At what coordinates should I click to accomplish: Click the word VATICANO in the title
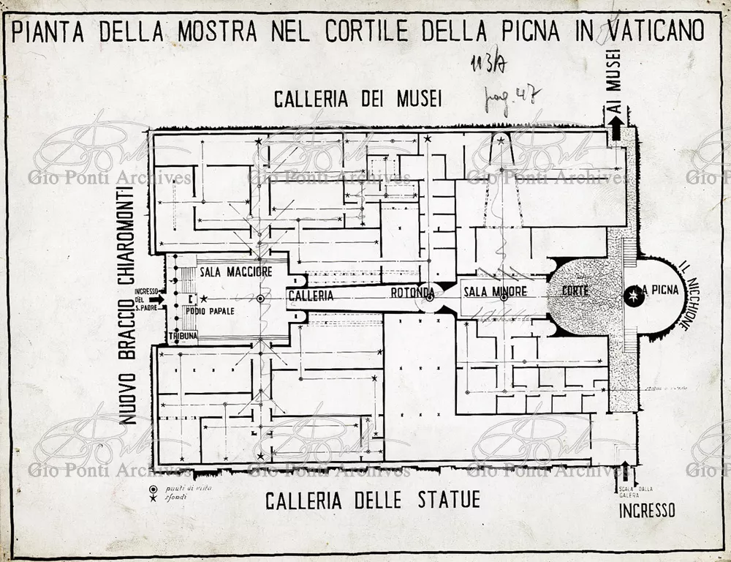point(650,31)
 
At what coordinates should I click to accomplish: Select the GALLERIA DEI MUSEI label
point(357,99)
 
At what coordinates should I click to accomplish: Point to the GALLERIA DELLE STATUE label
point(372,501)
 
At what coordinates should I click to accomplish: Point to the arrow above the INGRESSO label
point(625,471)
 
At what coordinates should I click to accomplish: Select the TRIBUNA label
point(183,336)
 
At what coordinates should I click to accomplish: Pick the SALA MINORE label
point(495,292)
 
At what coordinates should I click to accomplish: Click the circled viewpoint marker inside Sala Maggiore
point(260,299)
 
